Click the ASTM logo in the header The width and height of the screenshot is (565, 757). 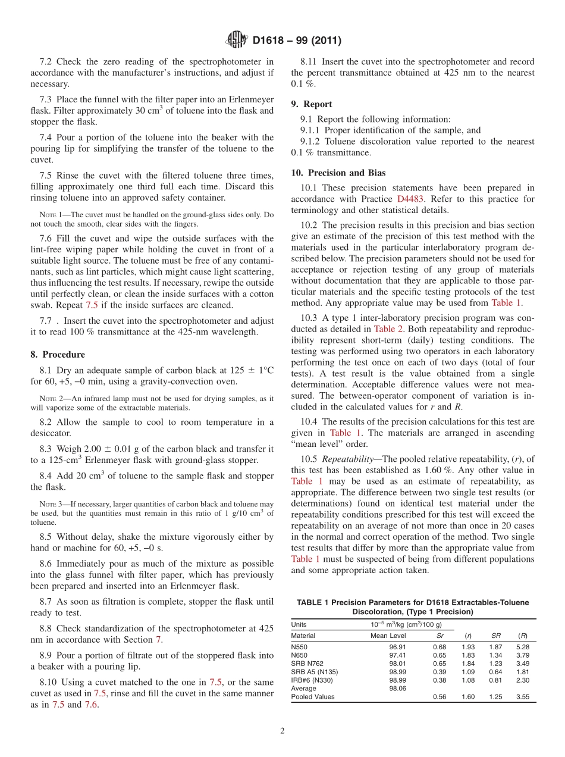tap(237, 40)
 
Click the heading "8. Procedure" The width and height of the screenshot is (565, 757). tap(58, 355)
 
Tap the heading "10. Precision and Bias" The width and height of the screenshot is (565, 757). tap(338, 173)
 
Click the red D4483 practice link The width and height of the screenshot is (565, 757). tap(410, 199)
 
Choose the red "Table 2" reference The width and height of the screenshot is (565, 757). tap(388, 329)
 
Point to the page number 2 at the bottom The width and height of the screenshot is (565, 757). tap(282, 731)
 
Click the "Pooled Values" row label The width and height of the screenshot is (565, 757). tap(313, 696)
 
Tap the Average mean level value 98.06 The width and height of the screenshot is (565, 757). tap(398, 688)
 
